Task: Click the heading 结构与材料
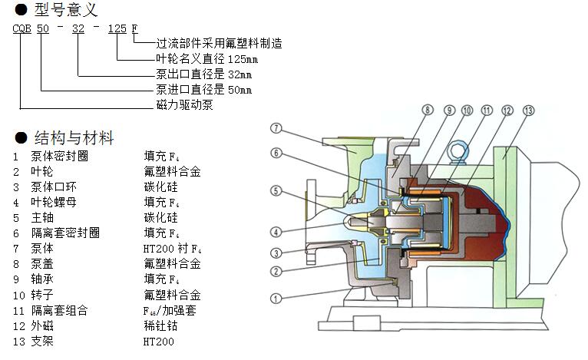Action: (74, 138)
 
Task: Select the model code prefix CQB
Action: (21, 29)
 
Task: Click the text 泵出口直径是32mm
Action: (203, 74)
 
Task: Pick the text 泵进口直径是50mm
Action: (203, 90)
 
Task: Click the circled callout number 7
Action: (277, 128)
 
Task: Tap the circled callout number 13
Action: (527, 111)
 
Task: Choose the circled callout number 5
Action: (277, 191)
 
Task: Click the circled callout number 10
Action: (467, 111)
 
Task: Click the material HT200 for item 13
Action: (159, 341)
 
